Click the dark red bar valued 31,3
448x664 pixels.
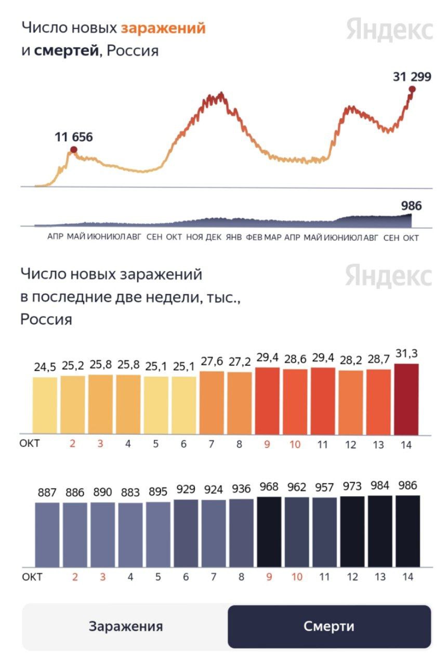(x=406, y=399)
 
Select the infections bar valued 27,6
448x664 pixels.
(x=212, y=403)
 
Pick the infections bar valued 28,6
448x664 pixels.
(x=295, y=401)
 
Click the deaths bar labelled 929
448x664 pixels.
(x=186, y=533)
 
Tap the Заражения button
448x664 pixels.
(x=125, y=626)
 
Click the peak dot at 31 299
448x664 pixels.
(x=412, y=89)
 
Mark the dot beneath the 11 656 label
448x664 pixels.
(x=74, y=150)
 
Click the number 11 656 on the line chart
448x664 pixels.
(x=73, y=138)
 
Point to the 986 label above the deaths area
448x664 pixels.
(x=411, y=206)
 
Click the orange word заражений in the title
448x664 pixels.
(x=163, y=28)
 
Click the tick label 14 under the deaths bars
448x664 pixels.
(x=407, y=577)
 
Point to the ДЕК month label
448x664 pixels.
(x=214, y=237)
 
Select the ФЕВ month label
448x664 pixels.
(x=254, y=237)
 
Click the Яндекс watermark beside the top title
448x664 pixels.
(x=389, y=30)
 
